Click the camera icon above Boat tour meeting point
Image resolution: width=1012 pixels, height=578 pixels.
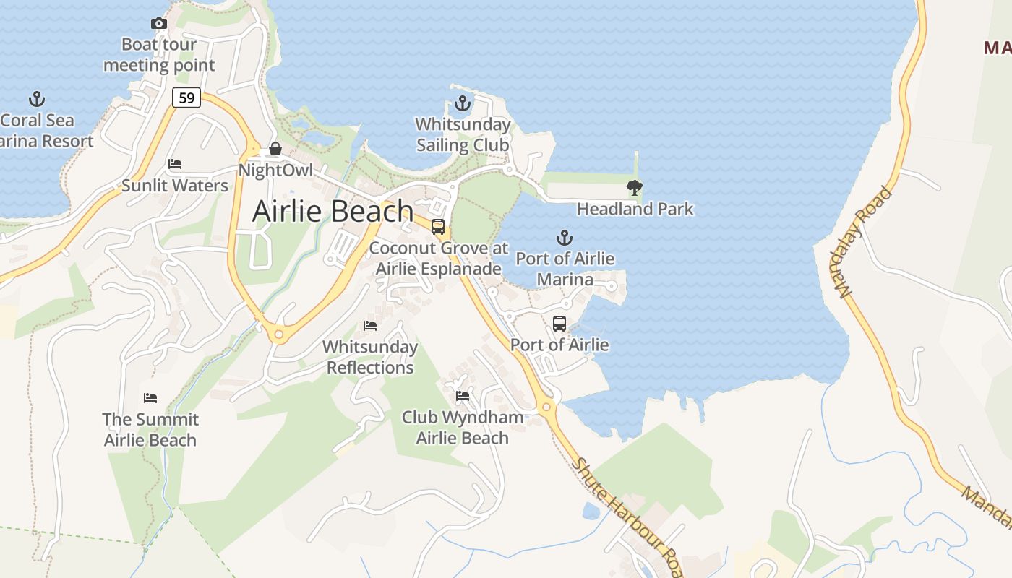tap(159, 23)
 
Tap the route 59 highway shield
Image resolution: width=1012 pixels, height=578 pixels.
tap(186, 98)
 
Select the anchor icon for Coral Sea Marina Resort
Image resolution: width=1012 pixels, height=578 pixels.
tap(36, 99)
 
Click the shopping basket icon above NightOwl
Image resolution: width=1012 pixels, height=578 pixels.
tap(275, 150)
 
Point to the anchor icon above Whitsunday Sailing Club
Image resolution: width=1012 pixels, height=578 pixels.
tap(462, 103)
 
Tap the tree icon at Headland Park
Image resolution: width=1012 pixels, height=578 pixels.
tap(635, 188)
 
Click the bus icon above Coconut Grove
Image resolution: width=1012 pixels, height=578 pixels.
tap(438, 227)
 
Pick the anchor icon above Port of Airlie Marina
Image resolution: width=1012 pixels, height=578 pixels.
tap(564, 237)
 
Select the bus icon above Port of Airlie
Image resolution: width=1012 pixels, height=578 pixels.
tap(559, 324)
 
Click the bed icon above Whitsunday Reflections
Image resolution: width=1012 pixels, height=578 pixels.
tap(370, 326)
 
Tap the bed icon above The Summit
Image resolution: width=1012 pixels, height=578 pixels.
tap(150, 398)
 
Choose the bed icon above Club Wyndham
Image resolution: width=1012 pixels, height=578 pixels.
tap(463, 396)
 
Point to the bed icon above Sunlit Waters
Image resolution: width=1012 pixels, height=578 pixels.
tap(175, 164)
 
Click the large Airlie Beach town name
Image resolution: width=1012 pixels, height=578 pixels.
tap(333, 212)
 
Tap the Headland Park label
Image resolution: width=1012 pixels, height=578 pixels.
tap(635, 210)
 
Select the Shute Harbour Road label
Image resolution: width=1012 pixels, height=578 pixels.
tap(626, 516)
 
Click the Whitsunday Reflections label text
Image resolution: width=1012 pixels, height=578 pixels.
tap(370, 357)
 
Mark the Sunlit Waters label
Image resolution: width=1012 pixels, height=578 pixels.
tap(175, 186)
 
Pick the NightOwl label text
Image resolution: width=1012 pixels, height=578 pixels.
tap(275, 171)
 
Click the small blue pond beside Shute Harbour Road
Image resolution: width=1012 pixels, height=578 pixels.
tap(591, 512)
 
